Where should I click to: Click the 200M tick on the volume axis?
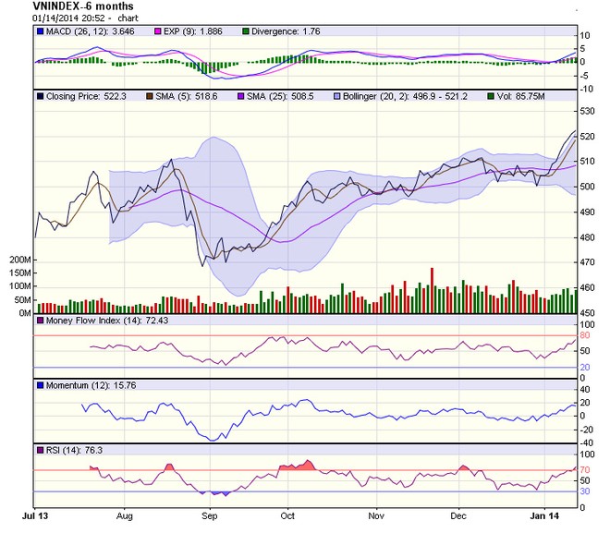(x=21, y=260)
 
